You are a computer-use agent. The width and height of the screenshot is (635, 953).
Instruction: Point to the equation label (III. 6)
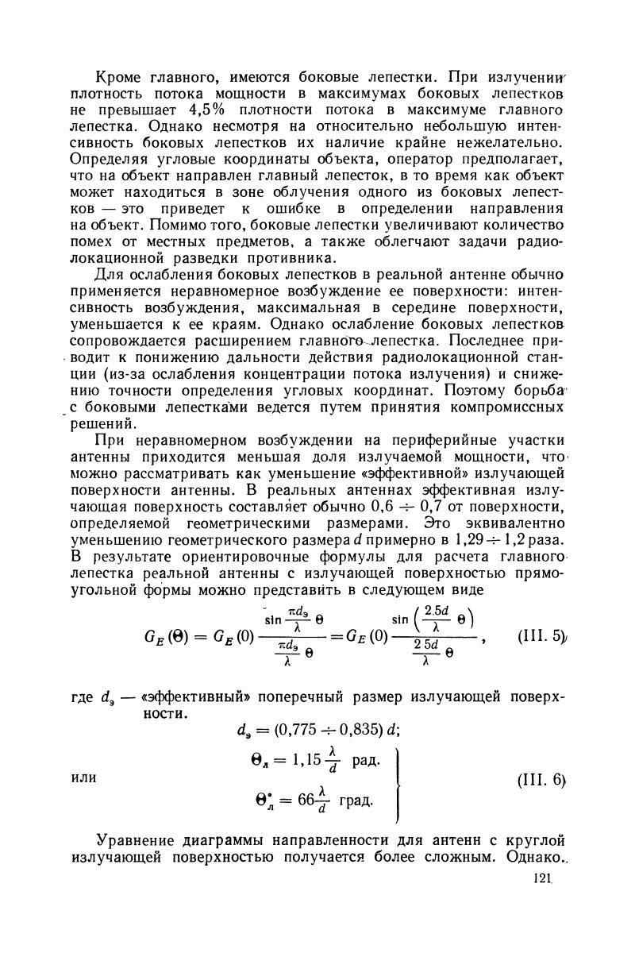pyautogui.click(x=539, y=779)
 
